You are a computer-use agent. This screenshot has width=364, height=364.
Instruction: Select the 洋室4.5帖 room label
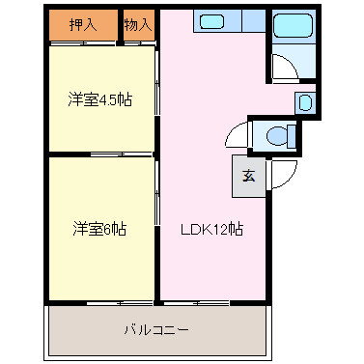tap(99, 99)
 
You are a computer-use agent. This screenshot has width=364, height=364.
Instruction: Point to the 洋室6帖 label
tap(99, 230)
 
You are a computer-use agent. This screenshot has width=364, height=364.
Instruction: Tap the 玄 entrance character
tap(248, 176)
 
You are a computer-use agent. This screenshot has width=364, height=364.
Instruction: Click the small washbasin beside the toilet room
tap(303, 101)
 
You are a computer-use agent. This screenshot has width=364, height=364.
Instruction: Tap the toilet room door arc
tap(238, 137)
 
